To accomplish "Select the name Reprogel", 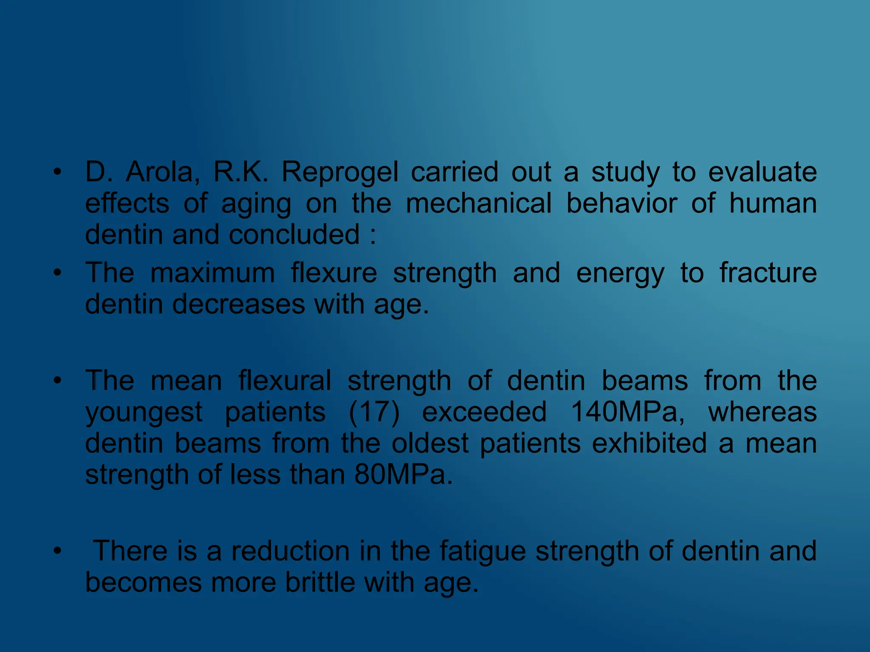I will point(340,173).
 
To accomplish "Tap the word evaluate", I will point(763,172).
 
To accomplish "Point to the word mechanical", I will point(478,203).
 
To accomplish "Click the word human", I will point(773,203).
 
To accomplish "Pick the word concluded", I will point(294,234).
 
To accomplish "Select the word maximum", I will point(212,273).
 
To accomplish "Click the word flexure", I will point(334,273).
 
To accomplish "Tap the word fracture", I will point(768,273).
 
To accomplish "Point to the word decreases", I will point(239,304).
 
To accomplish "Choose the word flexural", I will point(285,380).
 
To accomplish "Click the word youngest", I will point(144,413).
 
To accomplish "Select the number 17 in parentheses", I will point(374,412).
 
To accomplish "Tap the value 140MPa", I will point(627,412).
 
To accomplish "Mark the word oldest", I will point(430,443).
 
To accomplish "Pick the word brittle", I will point(320,582).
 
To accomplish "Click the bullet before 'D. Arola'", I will point(57,172).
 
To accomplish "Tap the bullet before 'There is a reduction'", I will point(57,551).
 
